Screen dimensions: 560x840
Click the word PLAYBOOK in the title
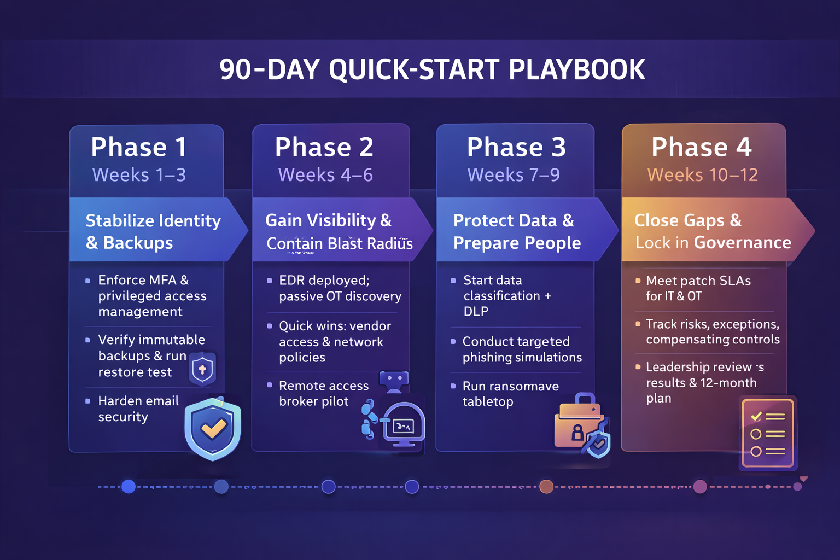click(x=576, y=70)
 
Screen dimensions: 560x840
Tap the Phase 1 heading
click(x=139, y=148)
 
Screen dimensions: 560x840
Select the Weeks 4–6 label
click(x=325, y=175)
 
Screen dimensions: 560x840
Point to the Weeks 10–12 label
click(x=703, y=175)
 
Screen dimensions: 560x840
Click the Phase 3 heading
click(x=516, y=148)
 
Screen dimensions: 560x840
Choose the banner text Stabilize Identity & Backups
click(x=153, y=231)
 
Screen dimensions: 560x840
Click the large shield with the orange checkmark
click(x=213, y=428)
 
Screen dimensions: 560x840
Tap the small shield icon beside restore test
click(x=202, y=369)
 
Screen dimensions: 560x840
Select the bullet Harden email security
click(x=138, y=409)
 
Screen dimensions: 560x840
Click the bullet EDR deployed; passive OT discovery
click(x=340, y=288)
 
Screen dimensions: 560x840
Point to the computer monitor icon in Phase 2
click(x=404, y=424)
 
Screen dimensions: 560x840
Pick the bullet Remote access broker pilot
click(x=323, y=393)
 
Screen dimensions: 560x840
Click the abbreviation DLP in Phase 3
click(x=476, y=312)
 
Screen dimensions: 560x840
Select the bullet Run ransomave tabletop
click(x=510, y=394)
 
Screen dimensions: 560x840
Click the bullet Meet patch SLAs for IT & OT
click(x=698, y=288)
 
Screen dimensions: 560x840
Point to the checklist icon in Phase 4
click(x=767, y=434)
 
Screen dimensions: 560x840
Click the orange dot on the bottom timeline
click(x=546, y=486)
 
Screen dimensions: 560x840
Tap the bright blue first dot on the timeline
click(x=129, y=486)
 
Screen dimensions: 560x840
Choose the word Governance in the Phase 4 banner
click(x=742, y=243)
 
